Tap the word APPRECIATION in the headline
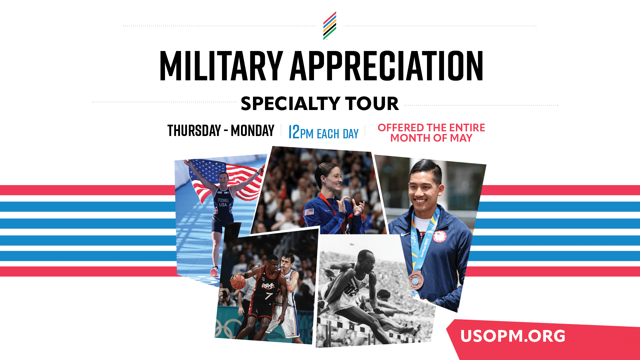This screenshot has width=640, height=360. [x=387, y=66]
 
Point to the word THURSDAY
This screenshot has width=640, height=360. [x=194, y=130]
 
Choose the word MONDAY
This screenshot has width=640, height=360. [x=253, y=130]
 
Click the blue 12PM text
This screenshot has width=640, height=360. [x=301, y=132]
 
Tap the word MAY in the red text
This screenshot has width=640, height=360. [x=461, y=138]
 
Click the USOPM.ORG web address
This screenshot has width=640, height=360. [x=513, y=336]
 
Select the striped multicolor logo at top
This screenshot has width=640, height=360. [x=330, y=26]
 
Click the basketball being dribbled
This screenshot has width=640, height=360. [x=238, y=282]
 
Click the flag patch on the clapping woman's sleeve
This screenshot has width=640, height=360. [x=309, y=212]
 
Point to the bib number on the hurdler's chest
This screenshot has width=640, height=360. [x=351, y=290]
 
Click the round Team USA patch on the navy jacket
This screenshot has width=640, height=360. [x=439, y=236]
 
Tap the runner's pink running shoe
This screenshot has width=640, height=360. [x=214, y=272]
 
